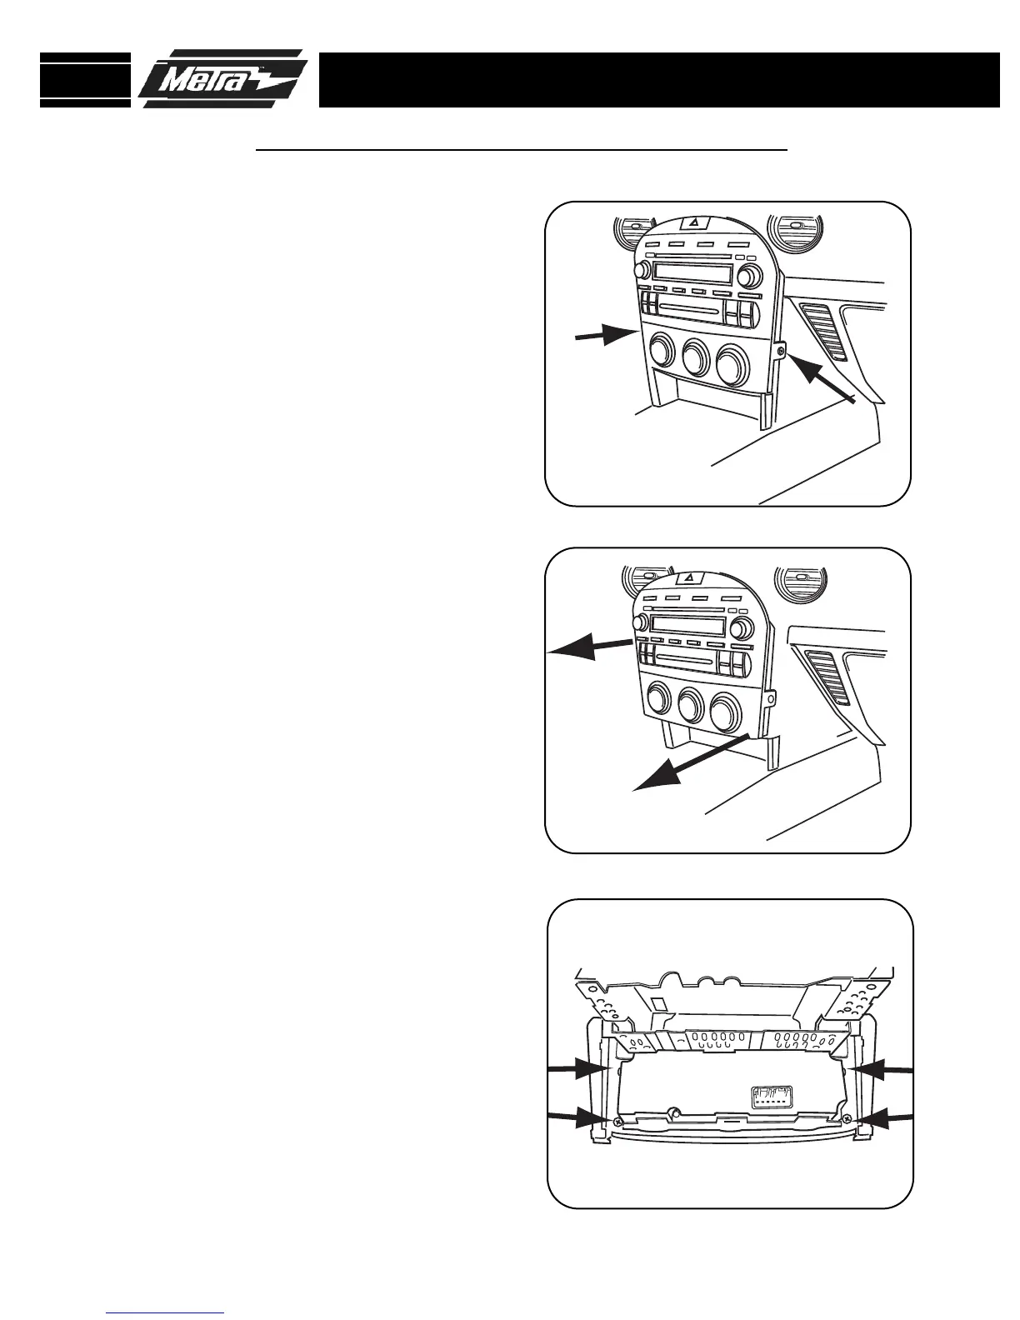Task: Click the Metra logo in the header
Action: (223, 80)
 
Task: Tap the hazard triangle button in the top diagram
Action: (693, 222)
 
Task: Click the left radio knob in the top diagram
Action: (642, 270)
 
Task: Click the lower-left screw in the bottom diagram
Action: (617, 1122)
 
